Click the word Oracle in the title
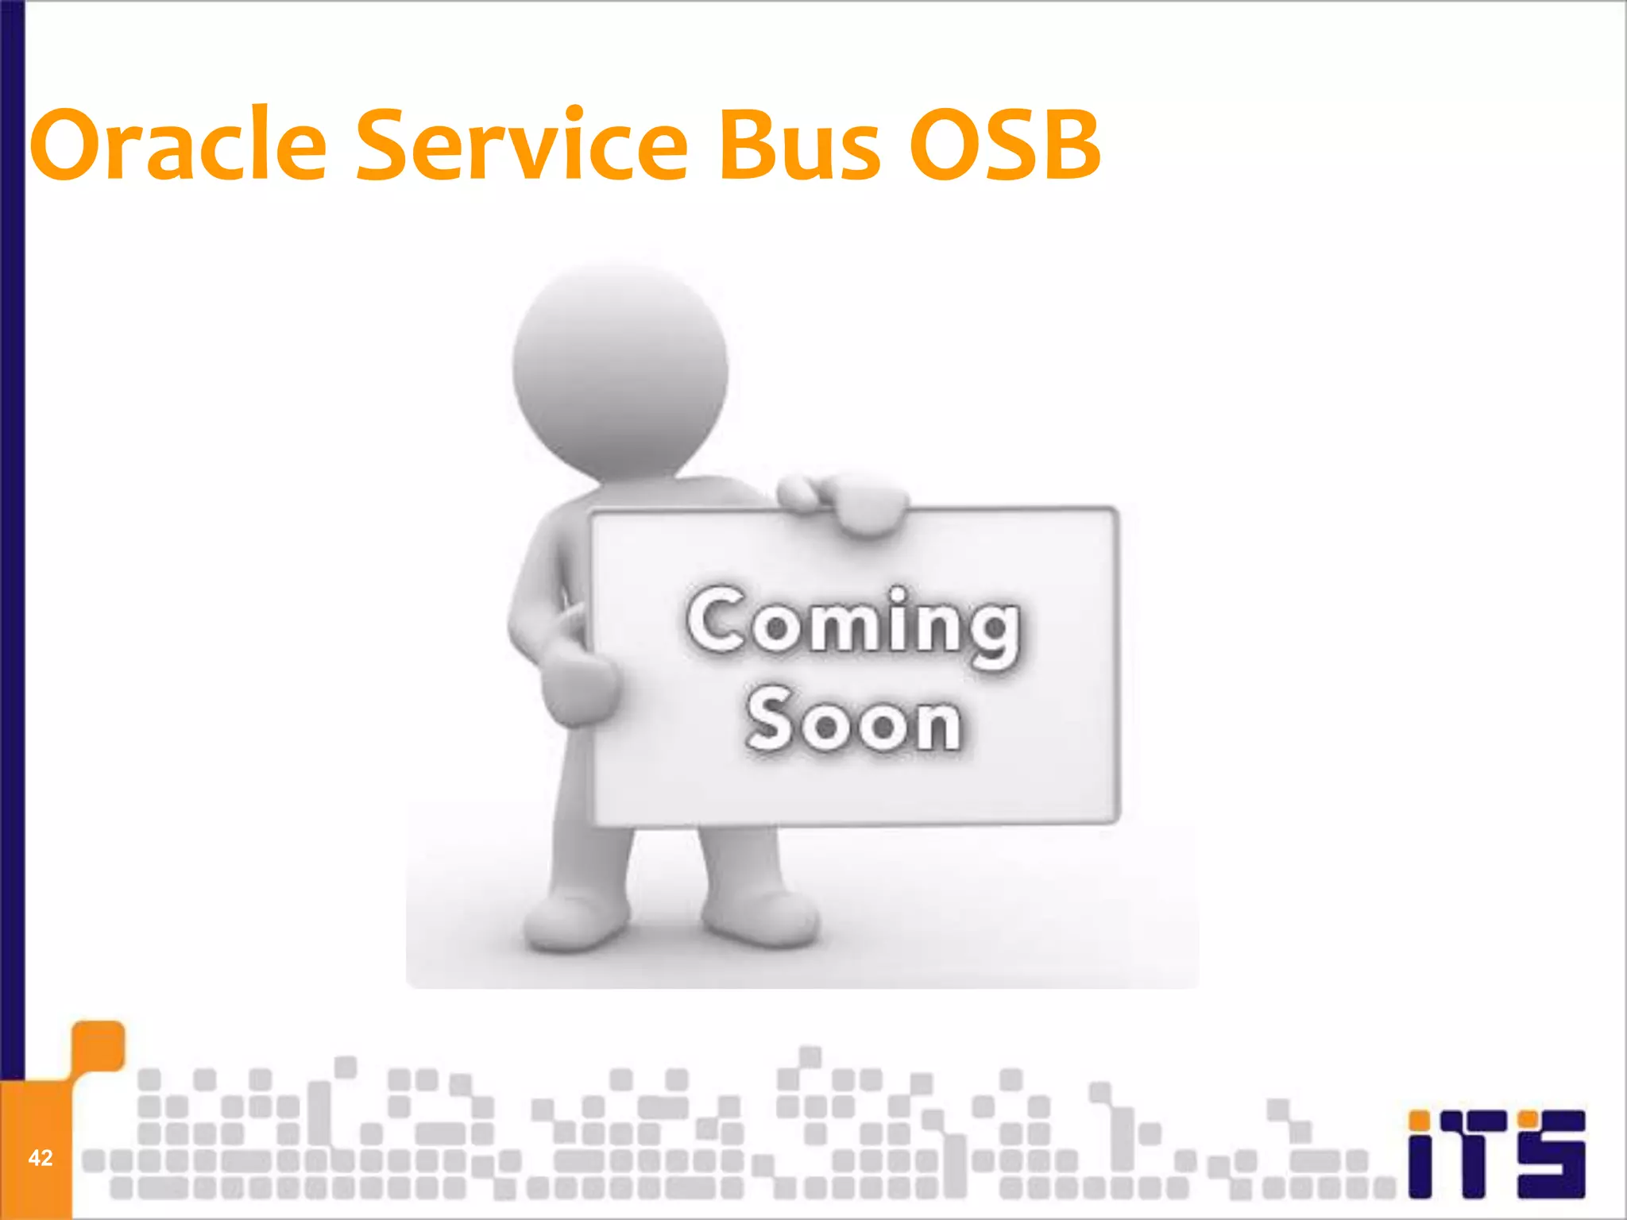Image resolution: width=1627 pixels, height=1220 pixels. click(x=179, y=145)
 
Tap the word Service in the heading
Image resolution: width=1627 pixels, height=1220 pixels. click(x=522, y=145)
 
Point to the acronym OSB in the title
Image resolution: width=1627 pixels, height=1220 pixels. click(x=1005, y=145)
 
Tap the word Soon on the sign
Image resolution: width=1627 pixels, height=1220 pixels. click(x=854, y=720)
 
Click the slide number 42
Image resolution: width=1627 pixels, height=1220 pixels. click(x=40, y=1158)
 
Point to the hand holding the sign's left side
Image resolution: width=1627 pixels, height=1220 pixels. click(x=576, y=683)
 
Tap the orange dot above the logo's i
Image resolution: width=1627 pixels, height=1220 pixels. click(x=1420, y=1121)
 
